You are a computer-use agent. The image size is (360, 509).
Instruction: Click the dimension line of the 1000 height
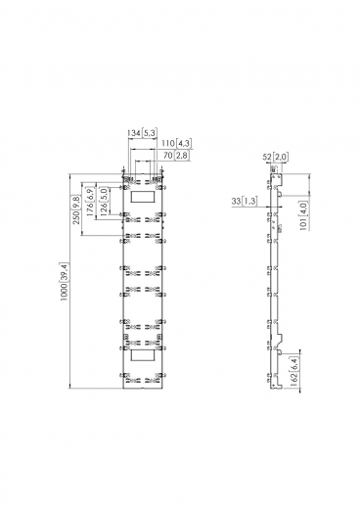point(70,283)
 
